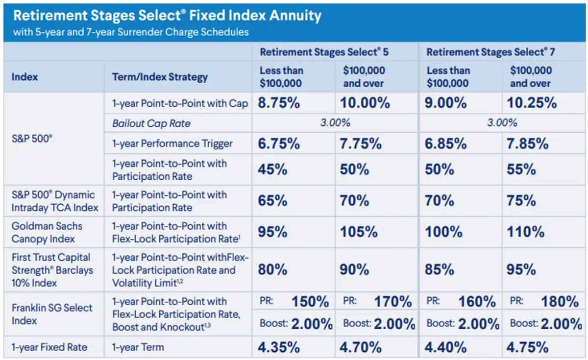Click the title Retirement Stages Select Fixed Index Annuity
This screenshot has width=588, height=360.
pyautogui.click(x=167, y=16)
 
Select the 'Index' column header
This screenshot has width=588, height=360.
pyautogui.click(x=24, y=77)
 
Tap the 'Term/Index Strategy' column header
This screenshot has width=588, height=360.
pyautogui.click(x=160, y=77)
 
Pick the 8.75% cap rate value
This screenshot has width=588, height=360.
pyautogui.click(x=279, y=103)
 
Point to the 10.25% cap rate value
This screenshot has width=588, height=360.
pyautogui.click(x=532, y=103)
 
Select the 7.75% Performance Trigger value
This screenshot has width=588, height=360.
pyautogui.click(x=361, y=144)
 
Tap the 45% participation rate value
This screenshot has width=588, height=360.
pyautogui.click(x=272, y=169)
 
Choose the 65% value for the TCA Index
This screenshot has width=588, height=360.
pyautogui.click(x=272, y=201)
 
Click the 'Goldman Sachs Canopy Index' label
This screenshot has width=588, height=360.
pyautogui.click(x=47, y=233)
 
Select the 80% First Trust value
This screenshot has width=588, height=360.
pyautogui.click(x=272, y=270)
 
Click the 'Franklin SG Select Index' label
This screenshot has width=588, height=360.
pyautogui.click(x=52, y=314)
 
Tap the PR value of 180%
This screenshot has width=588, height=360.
pyautogui.click(x=560, y=302)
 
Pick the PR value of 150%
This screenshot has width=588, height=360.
pyautogui.click(x=310, y=302)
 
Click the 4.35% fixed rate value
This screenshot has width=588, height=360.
pyautogui.click(x=279, y=347)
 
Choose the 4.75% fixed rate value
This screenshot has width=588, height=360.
pyautogui.click(x=528, y=347)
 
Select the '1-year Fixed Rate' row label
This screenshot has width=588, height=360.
pyautogui.click(x=49, y=347)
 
